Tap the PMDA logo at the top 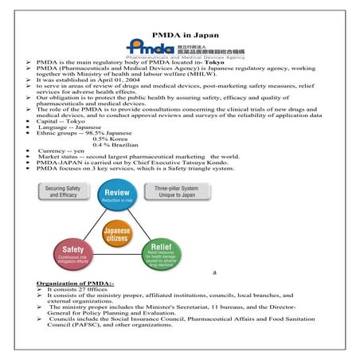[x=180, y=47]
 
